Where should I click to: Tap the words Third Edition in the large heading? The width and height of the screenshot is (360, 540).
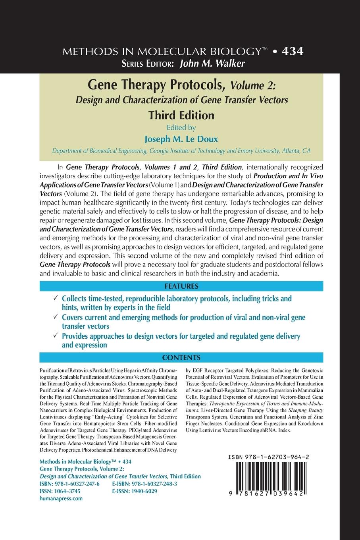tap(181, 115)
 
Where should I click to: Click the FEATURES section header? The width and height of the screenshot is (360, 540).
tap(180, 286)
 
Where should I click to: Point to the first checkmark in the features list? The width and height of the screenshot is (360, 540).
tap(56, 298)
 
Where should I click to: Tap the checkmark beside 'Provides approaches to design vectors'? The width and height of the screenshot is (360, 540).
tap(56, 336)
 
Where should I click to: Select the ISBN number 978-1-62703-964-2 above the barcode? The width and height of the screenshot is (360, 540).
tap(269, 457)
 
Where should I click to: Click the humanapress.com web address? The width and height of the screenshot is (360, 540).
tap(62, 498)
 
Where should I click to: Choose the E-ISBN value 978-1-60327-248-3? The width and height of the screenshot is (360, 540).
tap(154, 484)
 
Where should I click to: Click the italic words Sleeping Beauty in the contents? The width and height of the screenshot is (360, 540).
tap(306, 409)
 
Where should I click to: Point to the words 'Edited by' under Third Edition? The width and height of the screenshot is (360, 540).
tap(181, 128)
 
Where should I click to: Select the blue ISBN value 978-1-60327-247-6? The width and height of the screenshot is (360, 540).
tap(76, 484)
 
